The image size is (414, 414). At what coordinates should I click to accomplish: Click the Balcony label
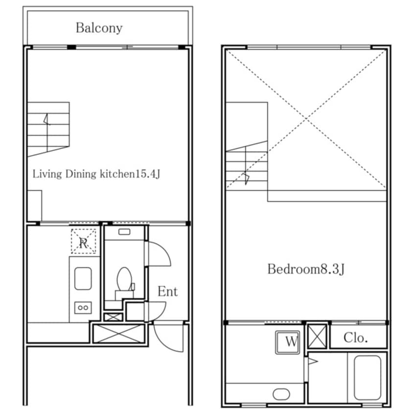click(x=99, y=28)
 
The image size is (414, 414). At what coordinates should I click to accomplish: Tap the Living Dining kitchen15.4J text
click(x=96, y=174)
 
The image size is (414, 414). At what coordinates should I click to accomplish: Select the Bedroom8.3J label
click(x=306, y=269)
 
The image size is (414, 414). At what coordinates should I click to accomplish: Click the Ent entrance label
click(x=167, y=292)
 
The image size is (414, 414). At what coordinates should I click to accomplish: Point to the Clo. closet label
click(x=355, y=338)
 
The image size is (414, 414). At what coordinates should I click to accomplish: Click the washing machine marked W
click(x=288, y=342)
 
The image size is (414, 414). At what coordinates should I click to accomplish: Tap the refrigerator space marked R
click(x=83, y=241)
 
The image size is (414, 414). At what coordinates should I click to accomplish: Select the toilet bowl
click(x=124, y=279)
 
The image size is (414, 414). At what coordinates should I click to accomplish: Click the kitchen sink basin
click(x=83, y=278)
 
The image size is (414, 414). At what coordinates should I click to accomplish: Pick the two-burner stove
click(x=83, y=308)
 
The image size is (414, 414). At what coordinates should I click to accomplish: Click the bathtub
click(x=368, y=378)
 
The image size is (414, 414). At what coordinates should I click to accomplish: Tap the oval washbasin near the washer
click(x=281, y=394)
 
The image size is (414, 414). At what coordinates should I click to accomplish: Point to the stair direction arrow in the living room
click(x=47, y=119)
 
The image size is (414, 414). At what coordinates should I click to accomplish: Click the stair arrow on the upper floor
click(x=246, y=178)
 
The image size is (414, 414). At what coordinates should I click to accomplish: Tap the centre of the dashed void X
click(x=306, y=119)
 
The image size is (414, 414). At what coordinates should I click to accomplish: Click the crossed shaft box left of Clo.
click(x=318, y=337)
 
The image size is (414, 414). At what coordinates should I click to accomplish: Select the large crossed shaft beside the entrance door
click(x=119, y=334)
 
